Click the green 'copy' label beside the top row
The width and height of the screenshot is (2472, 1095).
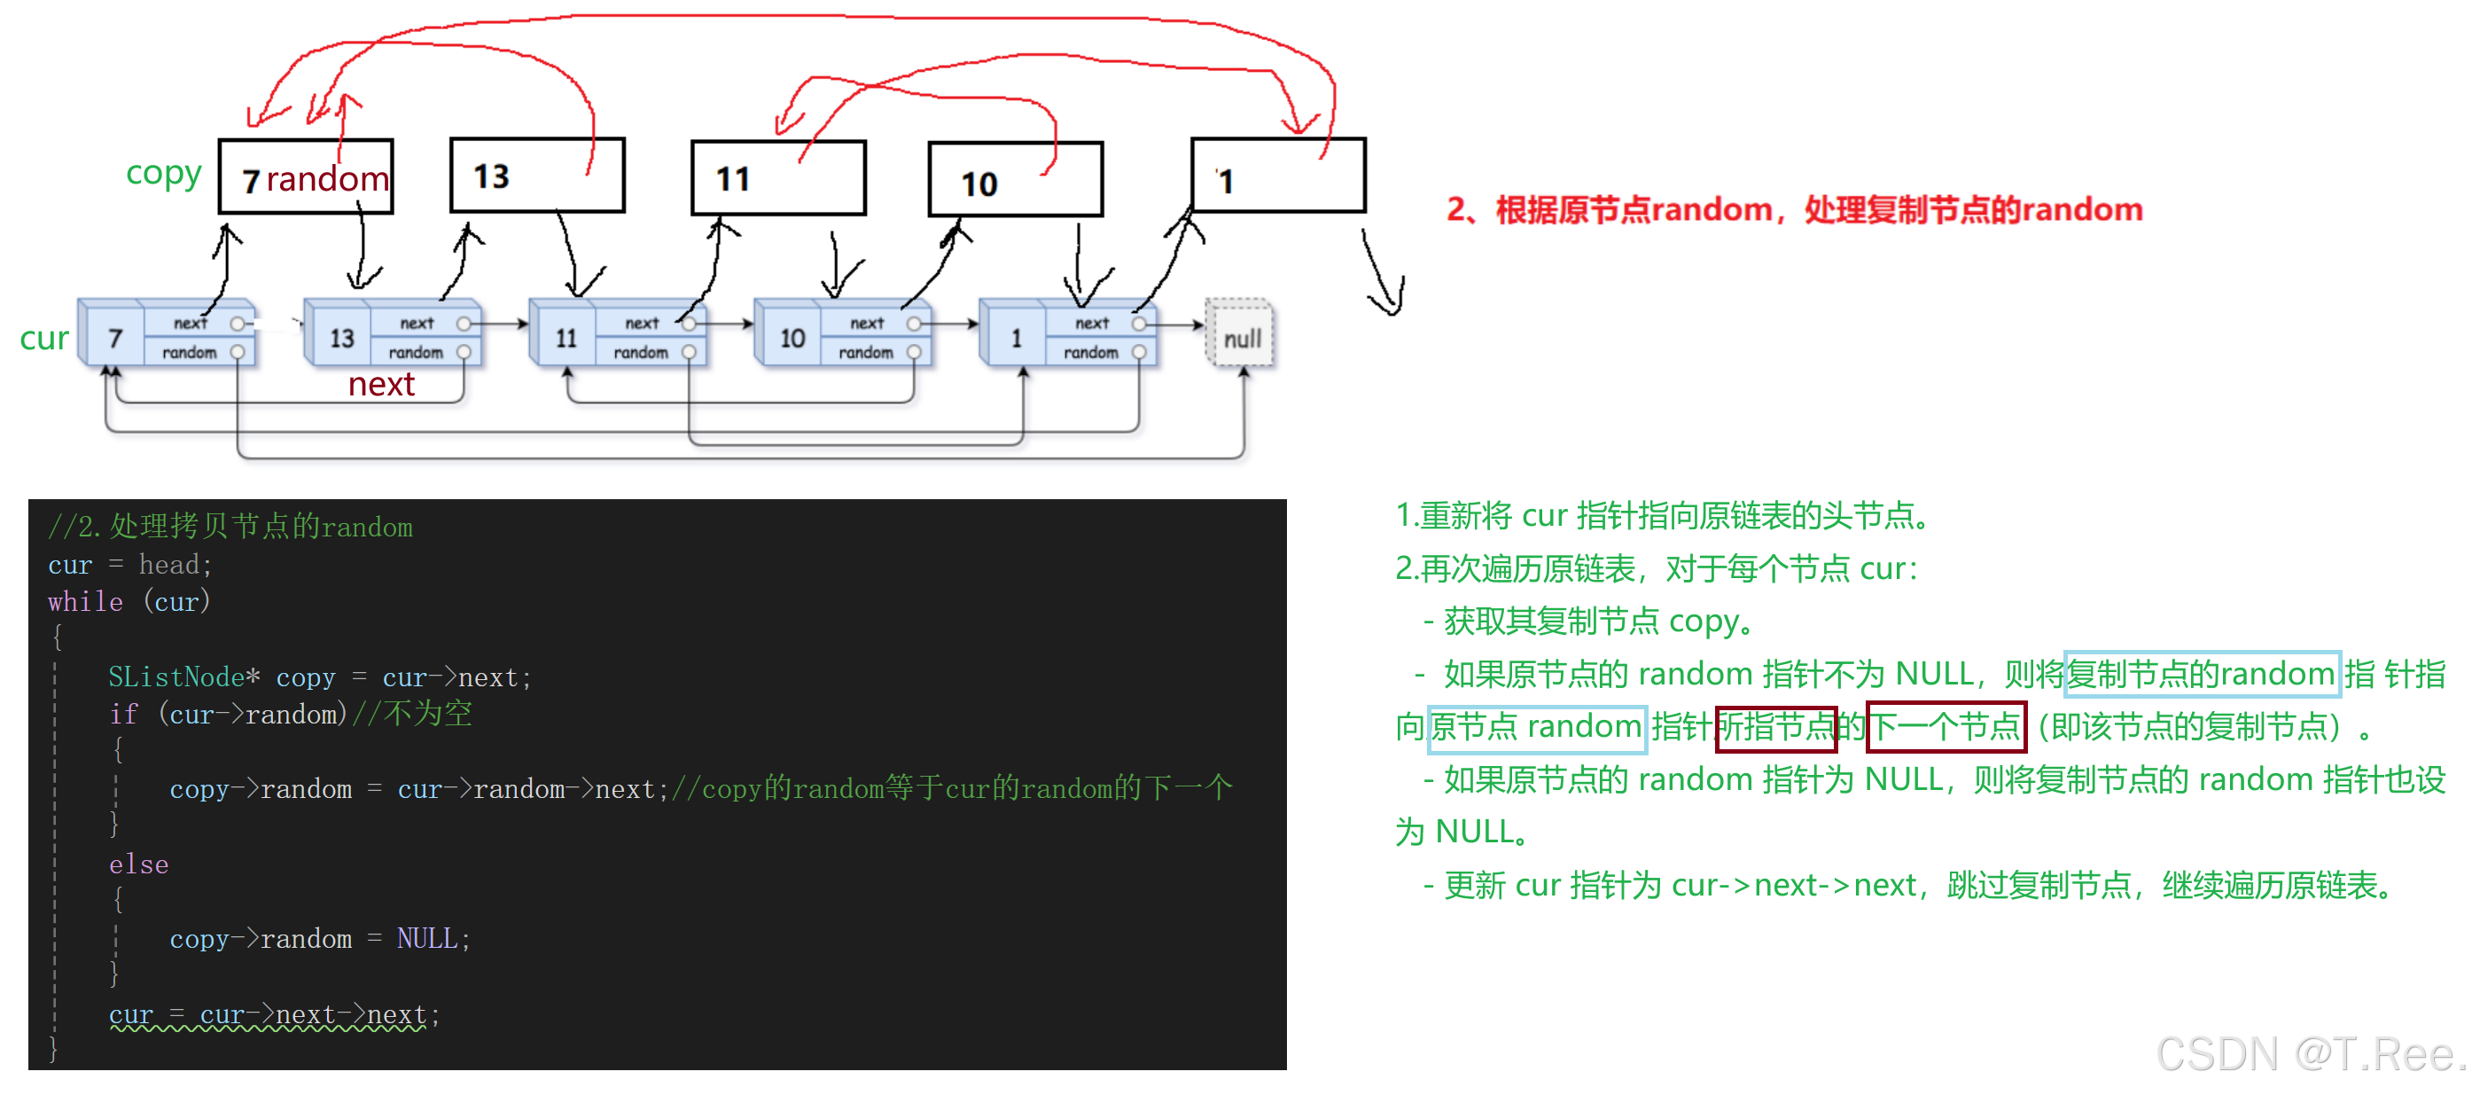163,174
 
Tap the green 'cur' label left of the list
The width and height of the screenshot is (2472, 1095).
43,338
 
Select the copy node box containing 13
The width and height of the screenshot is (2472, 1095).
537,176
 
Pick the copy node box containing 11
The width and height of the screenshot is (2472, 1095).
778,178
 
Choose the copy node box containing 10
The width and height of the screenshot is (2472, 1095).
1015,180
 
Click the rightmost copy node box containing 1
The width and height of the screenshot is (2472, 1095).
1277,176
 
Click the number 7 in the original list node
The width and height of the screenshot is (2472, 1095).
115,338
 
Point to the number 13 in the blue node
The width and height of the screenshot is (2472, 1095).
341,338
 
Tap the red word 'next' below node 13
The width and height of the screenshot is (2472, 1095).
381,385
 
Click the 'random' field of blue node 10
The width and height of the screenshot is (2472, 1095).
866,352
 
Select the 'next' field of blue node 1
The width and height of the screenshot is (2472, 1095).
1092,324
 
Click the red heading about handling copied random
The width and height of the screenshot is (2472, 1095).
1794,209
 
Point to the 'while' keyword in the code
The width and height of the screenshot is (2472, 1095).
85,602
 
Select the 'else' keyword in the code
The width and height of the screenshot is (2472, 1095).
138,864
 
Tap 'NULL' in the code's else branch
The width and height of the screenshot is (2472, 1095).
427,939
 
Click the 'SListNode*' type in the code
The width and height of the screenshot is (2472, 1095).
183,677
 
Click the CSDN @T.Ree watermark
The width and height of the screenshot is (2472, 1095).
2308,1055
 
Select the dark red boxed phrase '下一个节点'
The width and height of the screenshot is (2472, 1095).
1946,726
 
